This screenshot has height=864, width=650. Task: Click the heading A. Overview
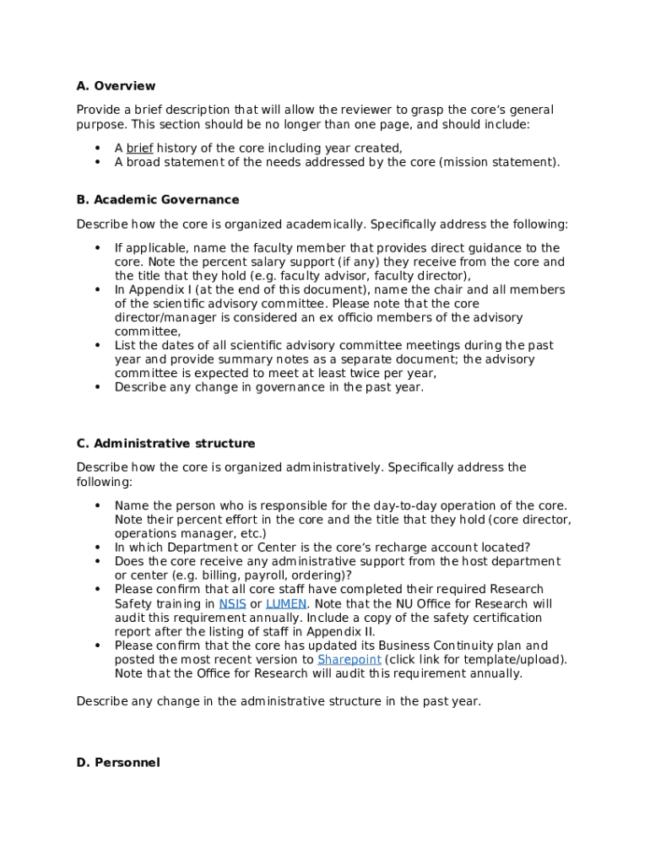116,86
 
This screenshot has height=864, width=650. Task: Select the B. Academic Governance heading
158,200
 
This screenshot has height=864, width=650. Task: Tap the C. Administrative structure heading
165,444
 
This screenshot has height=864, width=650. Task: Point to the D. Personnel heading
117,763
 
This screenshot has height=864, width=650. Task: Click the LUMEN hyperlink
286,604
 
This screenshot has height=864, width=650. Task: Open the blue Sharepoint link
349,660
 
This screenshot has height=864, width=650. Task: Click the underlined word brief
139,148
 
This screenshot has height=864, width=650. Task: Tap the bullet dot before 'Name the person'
97,506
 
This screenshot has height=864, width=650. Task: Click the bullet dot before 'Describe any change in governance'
97,388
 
